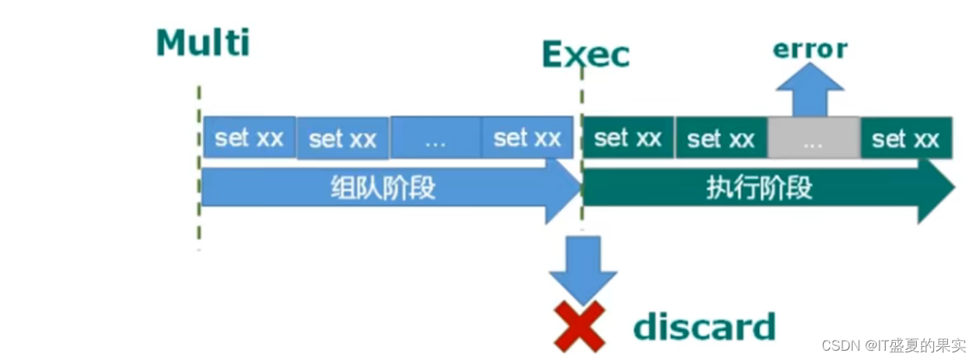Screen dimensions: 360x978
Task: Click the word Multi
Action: point(203,43)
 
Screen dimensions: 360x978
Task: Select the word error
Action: point(810,50)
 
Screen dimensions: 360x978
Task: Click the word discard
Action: point(704,327)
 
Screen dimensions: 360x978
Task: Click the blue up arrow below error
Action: point(810,89)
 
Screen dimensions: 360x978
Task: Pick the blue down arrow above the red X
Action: point(582,268)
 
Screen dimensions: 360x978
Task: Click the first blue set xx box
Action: point(249,138)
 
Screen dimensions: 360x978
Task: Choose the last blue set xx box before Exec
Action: point(527,138)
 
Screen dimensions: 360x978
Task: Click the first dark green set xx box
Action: point(628,139)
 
